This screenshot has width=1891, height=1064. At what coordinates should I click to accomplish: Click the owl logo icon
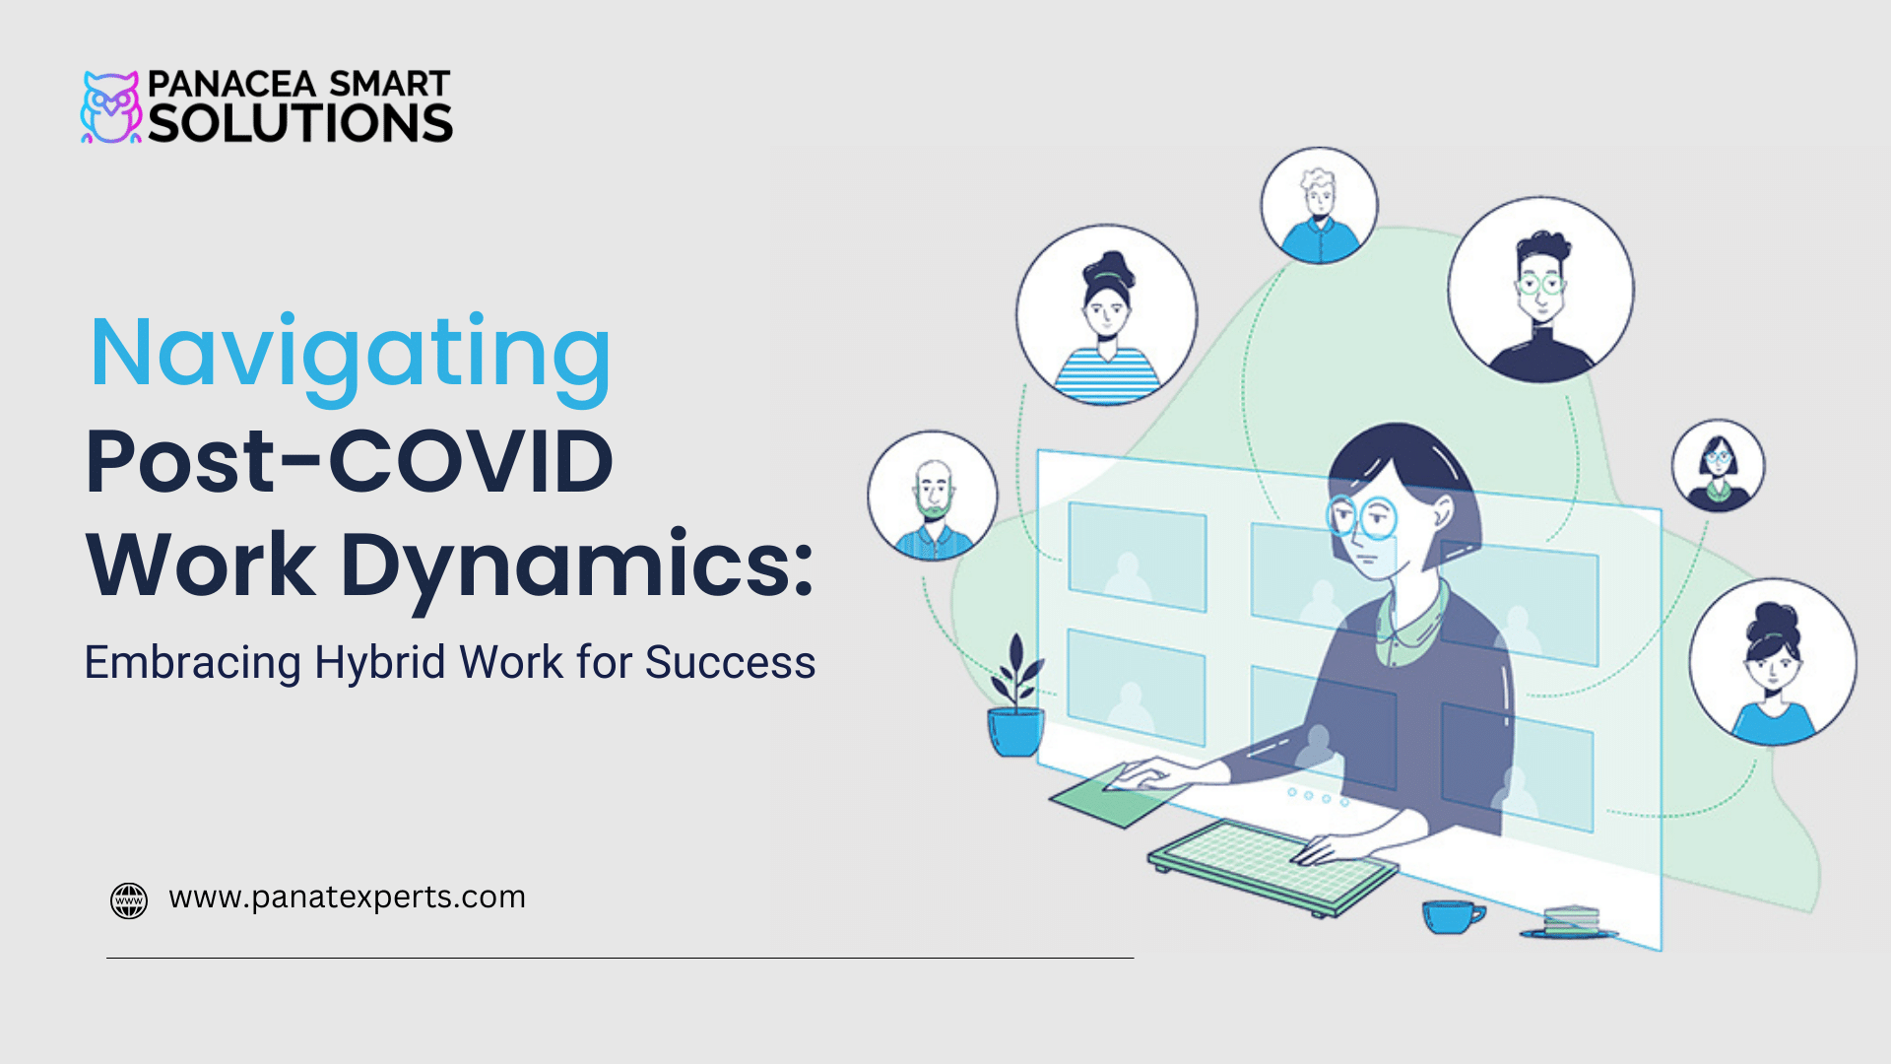[110, 107]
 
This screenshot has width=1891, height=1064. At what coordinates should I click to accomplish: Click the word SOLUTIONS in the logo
[300, 124]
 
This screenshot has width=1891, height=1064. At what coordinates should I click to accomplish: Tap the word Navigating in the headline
[351, 355]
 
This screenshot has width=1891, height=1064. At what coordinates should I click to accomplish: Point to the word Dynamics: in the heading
[577, 565]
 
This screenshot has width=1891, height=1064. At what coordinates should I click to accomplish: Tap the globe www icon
[129, 899]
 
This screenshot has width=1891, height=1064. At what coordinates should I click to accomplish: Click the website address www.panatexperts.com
[347, 898]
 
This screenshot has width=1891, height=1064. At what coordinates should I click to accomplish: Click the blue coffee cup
[1452, 916]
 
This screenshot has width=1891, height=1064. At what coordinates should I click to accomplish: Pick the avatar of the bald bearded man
[933, 497]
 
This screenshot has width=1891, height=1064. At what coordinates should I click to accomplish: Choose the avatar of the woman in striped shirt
[1107, 315]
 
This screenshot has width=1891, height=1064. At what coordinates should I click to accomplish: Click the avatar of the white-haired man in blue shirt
[1319, 206]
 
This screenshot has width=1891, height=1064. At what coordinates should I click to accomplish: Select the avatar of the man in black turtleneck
[1540, 290]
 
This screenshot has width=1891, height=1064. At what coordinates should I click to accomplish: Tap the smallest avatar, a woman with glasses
[1718, 466]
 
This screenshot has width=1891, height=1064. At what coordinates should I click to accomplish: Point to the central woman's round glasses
[1363, 517]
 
